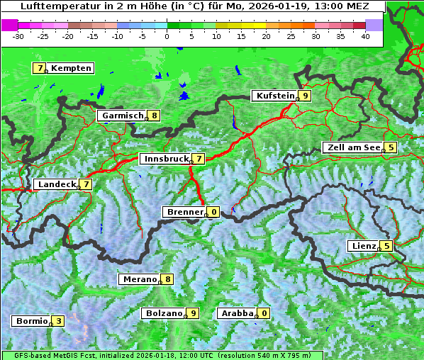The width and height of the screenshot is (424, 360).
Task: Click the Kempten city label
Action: pos(72,68)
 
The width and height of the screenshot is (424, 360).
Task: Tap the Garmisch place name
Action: pos(123,116)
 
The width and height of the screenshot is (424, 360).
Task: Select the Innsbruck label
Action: pos(165,159)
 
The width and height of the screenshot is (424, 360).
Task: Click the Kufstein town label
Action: pos(275,96)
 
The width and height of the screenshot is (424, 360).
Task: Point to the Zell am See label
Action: pos(352,147)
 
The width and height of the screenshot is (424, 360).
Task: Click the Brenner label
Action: pos(184,212)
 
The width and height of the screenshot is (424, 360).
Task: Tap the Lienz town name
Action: pos(364,246)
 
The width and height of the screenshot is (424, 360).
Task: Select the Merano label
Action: pos(139,279)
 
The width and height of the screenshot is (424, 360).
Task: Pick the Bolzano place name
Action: pos(164,313)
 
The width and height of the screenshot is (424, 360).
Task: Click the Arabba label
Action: pos(238,313)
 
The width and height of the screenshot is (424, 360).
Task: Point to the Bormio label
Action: pos(31,321)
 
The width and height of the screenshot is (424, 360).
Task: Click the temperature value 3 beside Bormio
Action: pos(58,321)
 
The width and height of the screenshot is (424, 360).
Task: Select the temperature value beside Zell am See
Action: pos(391,147)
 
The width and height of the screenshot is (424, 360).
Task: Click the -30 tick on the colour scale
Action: pos(18,36)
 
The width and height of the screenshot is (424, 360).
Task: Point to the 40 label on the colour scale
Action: pos(365,36)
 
